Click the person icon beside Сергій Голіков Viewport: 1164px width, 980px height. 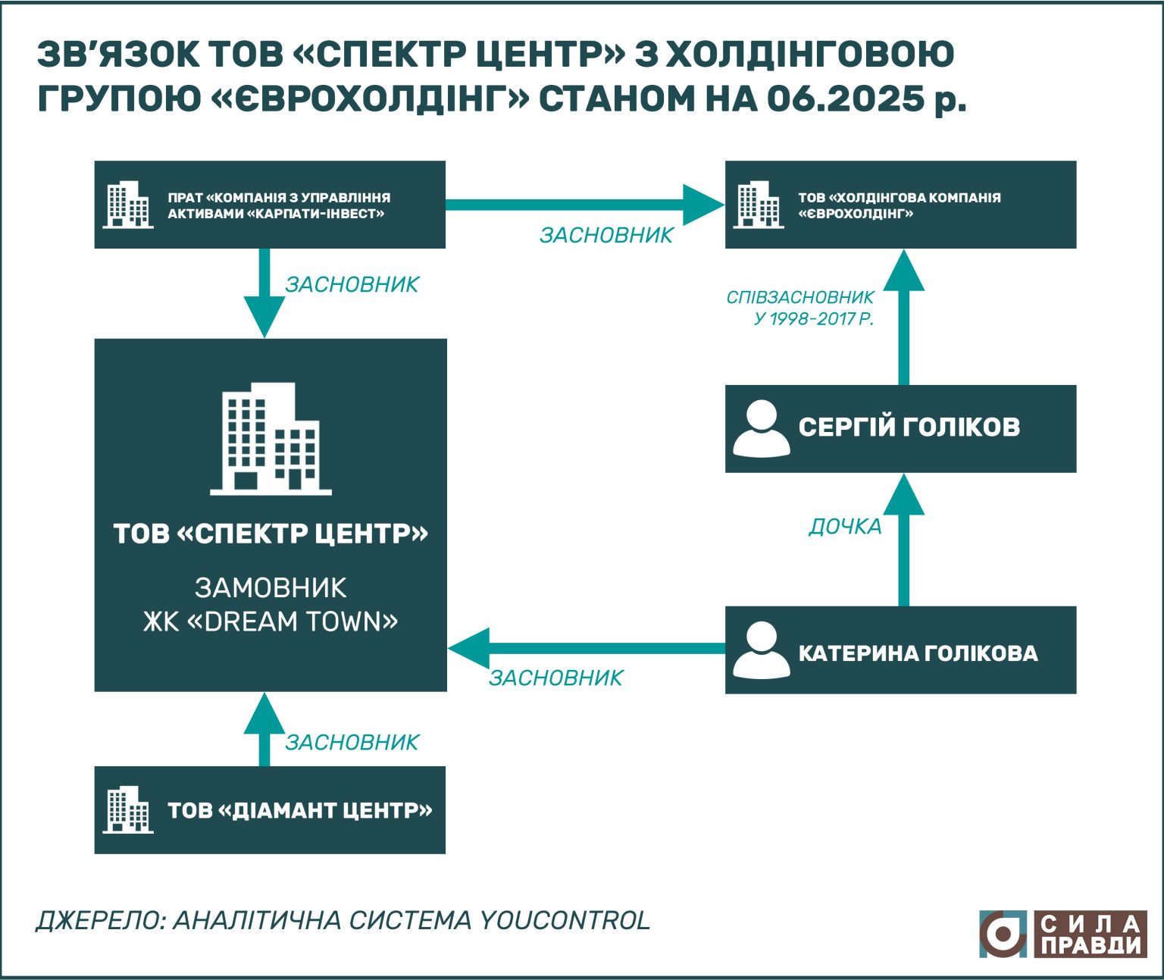[761, 429]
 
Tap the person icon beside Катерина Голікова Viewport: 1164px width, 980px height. [761, 650]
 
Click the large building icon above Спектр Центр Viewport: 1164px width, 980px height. [271, 439]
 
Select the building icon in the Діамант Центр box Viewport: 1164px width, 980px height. [128, 810]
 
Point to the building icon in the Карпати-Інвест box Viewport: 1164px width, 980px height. [128, 205]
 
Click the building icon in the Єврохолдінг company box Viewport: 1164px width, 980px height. [759, 205]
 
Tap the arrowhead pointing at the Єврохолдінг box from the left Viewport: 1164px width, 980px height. [704, 205]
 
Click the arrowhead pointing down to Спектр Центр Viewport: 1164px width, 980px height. [264, 317]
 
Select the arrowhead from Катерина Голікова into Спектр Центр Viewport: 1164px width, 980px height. [468, 648]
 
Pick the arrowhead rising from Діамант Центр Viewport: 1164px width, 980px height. [264, 713]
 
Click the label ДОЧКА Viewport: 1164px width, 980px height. [845, 527]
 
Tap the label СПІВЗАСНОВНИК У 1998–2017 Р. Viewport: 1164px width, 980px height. [800, 308]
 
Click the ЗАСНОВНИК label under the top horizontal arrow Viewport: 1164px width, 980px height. [606, 235]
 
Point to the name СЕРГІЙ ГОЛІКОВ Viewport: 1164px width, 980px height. [909, 427]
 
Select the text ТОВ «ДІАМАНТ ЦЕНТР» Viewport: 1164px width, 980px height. [300, 810]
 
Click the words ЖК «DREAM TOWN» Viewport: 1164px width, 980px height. [271, 622]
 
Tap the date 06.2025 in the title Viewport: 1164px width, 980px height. [845, 99]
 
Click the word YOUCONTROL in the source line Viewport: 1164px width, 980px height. [565, 920]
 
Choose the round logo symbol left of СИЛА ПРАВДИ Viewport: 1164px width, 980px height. [1003, 934]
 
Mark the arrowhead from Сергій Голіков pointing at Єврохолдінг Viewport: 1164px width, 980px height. [903, 271]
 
